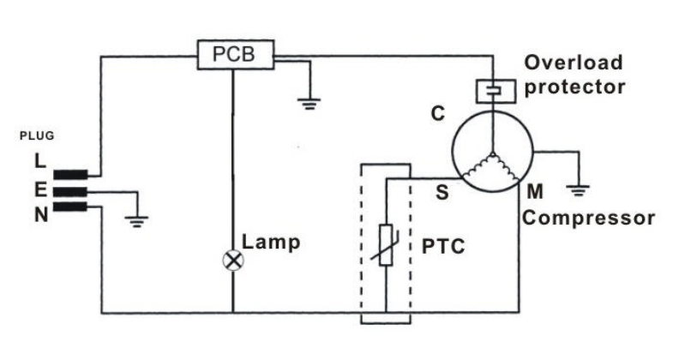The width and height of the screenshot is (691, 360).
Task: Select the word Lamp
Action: (x=272, y=243)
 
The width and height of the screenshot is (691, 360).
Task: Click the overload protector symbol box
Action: (x=492, y=90)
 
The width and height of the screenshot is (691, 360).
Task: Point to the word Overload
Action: (x=574, y=63)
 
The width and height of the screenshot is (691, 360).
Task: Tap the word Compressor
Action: (x=589, y=218)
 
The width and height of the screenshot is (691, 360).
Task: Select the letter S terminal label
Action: (x=442, y=193)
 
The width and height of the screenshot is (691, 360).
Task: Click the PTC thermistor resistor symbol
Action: (x=387, y=245)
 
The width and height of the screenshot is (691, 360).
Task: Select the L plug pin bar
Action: (x=71, y=174)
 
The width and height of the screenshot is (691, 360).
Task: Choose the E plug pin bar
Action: (x=71, y=192)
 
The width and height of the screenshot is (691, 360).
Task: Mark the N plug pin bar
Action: (x=71, y=210)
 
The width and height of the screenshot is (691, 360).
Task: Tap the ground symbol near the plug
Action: (x=135, y=222)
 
